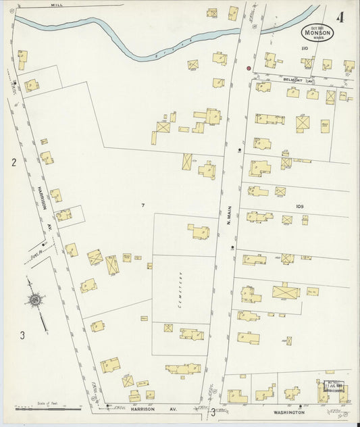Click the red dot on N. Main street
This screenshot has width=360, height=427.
(x=249, y=69)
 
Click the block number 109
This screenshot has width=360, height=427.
(x=301, y=205)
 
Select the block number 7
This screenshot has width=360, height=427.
(x=143, y=205)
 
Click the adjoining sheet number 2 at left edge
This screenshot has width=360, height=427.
(x=13, y=162)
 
